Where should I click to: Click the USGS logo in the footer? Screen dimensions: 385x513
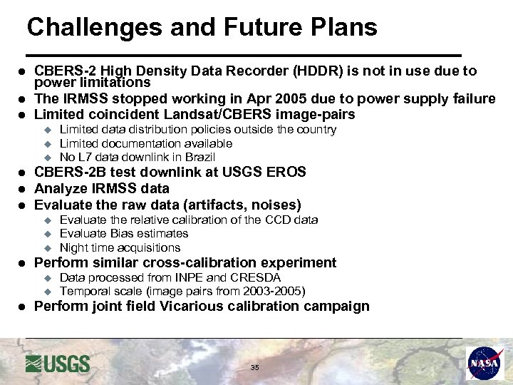(x=58, y=364)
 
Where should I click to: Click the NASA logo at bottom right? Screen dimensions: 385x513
(x=484, y=364)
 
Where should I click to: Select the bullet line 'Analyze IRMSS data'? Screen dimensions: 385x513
(x=102, y=188)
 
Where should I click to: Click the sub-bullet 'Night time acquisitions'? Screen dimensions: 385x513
(x=120, y=247)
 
